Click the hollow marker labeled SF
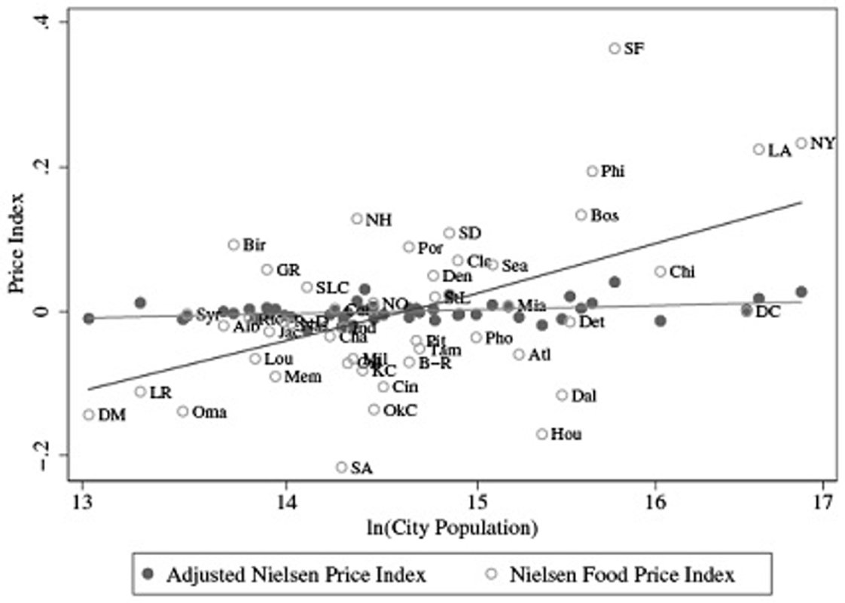(615, 48)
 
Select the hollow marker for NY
(801, 143)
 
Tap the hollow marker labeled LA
(758, 149)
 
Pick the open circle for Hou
(541, 433)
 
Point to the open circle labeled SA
(341, 467)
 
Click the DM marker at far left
(89, 414)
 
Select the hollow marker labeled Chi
(660, 271)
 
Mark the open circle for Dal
(562, 395)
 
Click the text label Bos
(605, 216)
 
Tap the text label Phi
(613, 172)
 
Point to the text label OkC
(400, 410)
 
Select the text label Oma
(209, 412)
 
